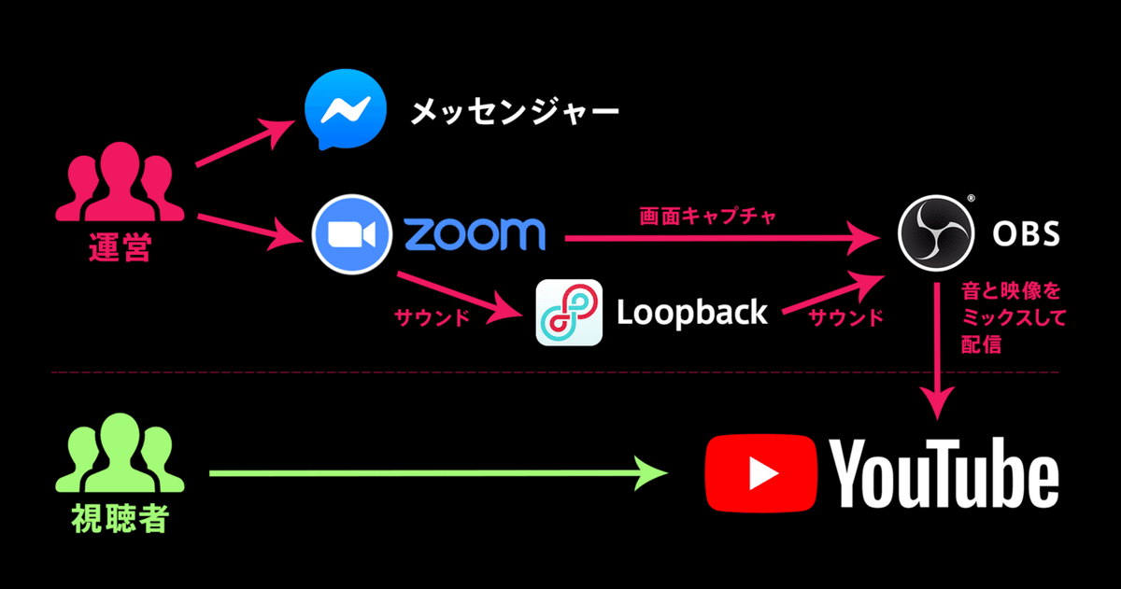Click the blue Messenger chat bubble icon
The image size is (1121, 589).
346,109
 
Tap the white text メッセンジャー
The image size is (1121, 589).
515,111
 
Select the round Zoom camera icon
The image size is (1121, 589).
352,234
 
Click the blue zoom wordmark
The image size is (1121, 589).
474,234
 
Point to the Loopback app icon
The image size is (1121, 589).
569,313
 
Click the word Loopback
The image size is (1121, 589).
692,313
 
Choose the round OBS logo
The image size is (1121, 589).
936,233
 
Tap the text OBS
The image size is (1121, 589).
1026,234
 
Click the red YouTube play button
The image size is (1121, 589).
760,473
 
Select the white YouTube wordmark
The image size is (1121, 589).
944,473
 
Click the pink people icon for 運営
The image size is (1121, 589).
120,181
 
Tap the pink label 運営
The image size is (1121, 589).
120,247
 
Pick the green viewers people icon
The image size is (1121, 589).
120,453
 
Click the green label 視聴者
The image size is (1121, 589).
121,519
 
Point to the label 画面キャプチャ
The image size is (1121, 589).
708,217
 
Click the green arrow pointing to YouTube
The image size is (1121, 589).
438,473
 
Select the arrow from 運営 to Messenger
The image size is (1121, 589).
245,143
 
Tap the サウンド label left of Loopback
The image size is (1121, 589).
433,317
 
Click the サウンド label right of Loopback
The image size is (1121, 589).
846,317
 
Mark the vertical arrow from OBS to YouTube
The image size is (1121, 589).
937,351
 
